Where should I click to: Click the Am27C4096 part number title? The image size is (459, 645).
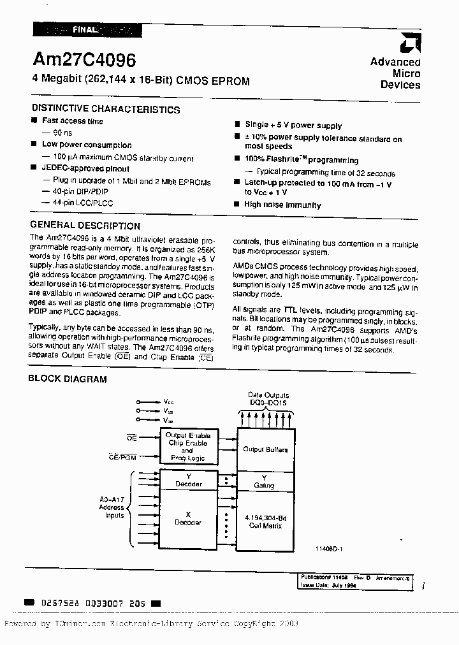pyautogui.click(x=84, y=61)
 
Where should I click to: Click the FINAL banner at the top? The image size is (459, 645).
pyautogui.click(x=85, y=29)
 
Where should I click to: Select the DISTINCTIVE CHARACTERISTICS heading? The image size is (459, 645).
pyautogui.click(x=105, y=109)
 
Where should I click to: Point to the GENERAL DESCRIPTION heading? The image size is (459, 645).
pyautogui.click(x=85, y=226)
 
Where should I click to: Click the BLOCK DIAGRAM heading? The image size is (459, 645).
pyautogui.click(x=68, y=379)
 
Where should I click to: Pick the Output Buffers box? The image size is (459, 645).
pyautogui.click(x=265, y=449)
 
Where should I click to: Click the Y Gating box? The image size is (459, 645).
pyautogui.click(x=265, y=481)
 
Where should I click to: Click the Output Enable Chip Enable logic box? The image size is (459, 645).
pyautogui.click(x=187, y=446)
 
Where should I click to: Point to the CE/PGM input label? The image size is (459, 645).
pyautogui.click(x=123, y=457)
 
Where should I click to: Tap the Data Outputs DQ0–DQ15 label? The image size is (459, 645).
pyautogui.click(x=268, y=400)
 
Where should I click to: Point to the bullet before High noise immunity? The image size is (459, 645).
pyautogui.click(x=237, y=205)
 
